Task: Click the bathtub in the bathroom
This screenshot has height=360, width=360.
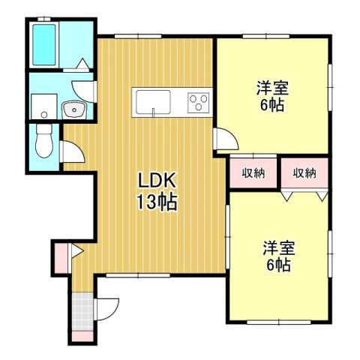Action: coord(44,45)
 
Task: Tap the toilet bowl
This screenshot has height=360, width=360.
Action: coord(44,141)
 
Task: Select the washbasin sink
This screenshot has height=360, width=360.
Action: coord(74,110)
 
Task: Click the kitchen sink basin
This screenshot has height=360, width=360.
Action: coord(153,102)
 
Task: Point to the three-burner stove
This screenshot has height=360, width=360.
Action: coord(199,103)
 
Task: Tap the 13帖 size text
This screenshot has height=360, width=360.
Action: coord(157,202)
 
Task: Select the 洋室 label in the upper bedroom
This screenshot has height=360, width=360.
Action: coord(272,88)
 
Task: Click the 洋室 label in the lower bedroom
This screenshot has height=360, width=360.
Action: coord(279,247)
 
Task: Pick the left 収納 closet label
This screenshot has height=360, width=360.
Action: coord(253,173)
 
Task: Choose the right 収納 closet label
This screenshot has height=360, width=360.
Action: coord(304,173)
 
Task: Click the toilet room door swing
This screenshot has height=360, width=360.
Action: coord(73,151)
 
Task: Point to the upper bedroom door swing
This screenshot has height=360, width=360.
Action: coord(226,139)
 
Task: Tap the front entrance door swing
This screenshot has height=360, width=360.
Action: coord(106,309)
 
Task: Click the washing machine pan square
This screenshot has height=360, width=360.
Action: coord(44,106)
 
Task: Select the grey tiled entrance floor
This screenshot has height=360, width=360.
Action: coord(82,311)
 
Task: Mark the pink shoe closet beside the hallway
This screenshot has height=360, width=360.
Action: coord(61,259)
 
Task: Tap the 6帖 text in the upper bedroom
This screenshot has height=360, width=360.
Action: coord(272,106)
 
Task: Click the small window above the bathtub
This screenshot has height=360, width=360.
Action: coord(44,19)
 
